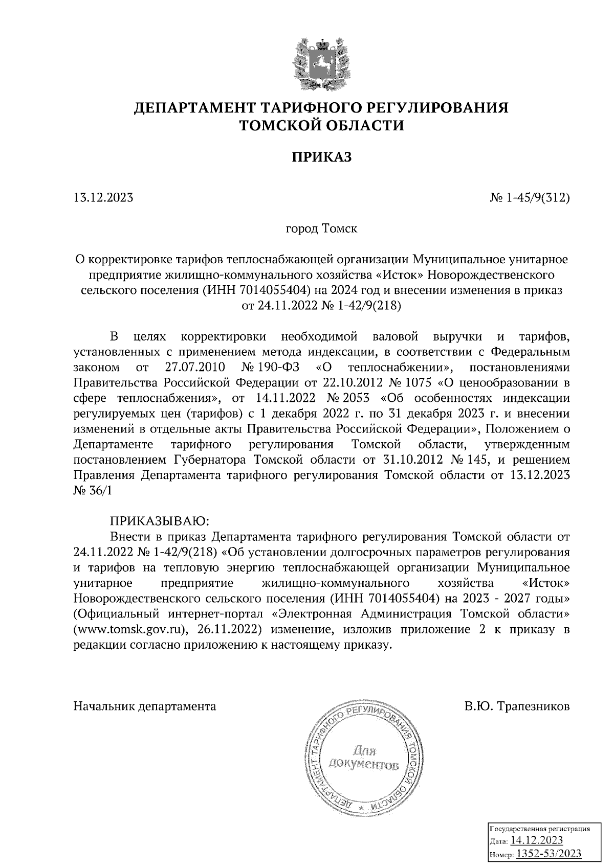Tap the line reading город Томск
pyautogui.click(x=321, y=227)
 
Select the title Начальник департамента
pyautogui.click(x=145, y=706)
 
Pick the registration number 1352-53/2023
pyautogui.click(x=548, y=853)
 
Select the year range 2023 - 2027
pyautogui.click(x=484, y=599)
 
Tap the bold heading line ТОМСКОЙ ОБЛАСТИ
pyautogui.click(x=322, y=125)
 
